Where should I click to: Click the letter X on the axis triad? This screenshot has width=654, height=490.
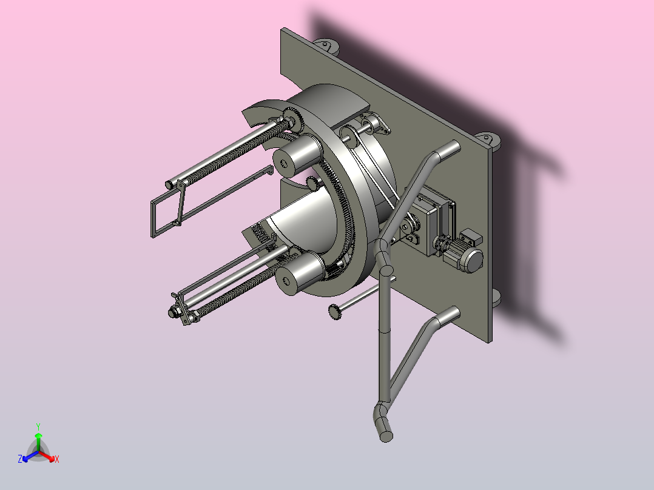(57, 459)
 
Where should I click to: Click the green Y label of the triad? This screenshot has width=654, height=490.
(38, 426)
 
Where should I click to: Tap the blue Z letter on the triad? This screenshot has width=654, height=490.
(20, 458)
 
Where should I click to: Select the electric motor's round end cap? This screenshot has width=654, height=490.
(473, 261)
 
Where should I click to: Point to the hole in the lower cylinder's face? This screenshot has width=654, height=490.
(286, 281)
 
